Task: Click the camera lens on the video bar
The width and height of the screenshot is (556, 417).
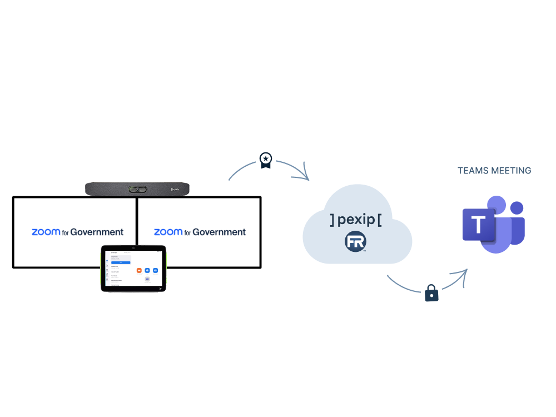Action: click(137, 189)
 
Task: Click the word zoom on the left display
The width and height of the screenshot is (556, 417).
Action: click(46, 232)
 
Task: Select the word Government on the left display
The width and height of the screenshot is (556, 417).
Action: click(97, 232)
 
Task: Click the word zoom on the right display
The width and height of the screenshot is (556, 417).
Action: click(168, 232)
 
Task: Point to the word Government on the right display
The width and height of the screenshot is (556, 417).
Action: click(220, 232)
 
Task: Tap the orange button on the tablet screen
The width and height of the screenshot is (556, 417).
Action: click(138, 270)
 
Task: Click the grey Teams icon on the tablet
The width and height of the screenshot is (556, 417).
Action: click(147, 279)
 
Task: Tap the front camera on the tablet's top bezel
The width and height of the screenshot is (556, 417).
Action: click(133, 247)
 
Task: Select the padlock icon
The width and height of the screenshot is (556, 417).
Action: click(431, 293)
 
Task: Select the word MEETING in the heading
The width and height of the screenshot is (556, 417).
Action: click(512, 171)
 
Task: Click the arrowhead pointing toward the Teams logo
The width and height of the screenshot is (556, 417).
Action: click(463, 273)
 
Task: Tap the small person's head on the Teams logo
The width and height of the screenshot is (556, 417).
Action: click(517, 209)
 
